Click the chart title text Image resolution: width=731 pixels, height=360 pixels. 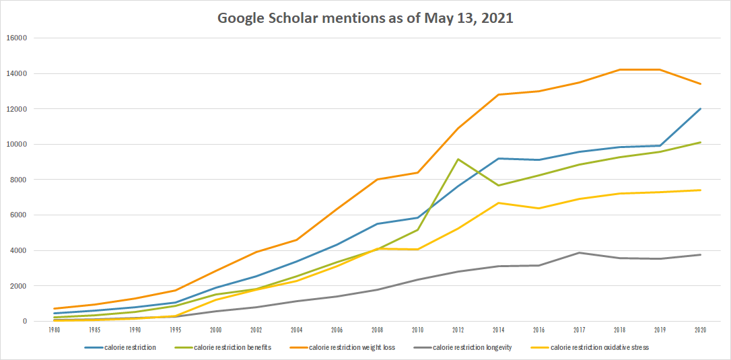point(365,18)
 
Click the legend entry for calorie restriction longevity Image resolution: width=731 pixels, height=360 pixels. point(473,347)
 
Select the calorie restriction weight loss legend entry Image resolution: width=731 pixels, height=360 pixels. point(352,347)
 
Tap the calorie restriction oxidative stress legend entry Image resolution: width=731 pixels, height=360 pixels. point(597,347)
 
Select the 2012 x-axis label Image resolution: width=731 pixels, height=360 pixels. point(458,330)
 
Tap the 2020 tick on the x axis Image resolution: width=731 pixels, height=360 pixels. point(700,330)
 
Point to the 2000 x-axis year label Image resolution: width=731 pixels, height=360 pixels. point(215,330)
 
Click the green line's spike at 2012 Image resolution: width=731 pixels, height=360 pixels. point(458,159)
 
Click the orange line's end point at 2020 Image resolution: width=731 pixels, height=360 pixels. point(700,84)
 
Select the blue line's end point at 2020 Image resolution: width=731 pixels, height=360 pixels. point(700,109)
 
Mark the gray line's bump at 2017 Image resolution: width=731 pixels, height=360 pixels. point(579,253)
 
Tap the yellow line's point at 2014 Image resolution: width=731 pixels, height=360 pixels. point(498,203)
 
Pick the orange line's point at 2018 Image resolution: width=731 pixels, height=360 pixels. point(619,69)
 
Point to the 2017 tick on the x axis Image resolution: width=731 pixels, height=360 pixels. point(579,330)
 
